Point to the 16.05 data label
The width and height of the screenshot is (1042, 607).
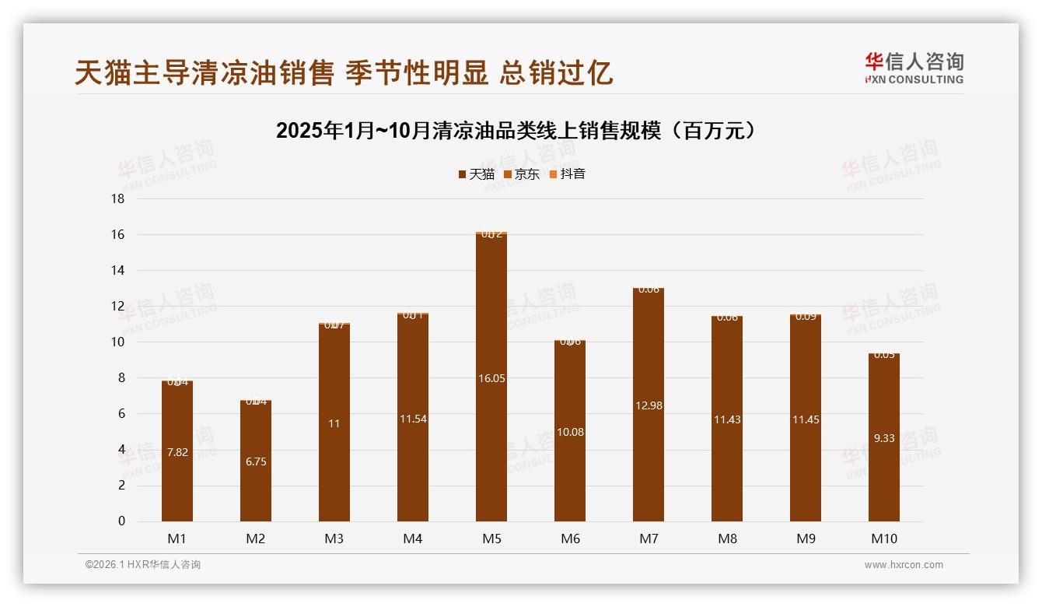pyautogui.click(x=491, y=378)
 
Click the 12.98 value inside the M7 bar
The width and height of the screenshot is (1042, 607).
pyautogui.click(x=649, y=405)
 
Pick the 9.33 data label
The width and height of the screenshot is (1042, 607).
pyautogui.click(x=884, y=438)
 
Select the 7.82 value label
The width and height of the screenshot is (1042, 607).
pyautogui.click(x=177, y=452)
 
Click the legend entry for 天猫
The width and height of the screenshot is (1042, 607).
pyautogui.click(x=477, y=174)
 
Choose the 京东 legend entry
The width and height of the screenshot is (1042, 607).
pyautogui.click(x=522, y=174)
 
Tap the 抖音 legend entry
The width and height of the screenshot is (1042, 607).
pyautogui.click(x=568, y=174)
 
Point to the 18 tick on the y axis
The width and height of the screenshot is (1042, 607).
pyautogui.click(x=117, y=199)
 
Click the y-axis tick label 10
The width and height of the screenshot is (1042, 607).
pyautogui.click(x=117, y=342)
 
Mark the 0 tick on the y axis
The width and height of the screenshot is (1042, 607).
pyautogui.click(x=121, y=521)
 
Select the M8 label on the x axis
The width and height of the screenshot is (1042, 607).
pyautogui.click(x=727, y=539)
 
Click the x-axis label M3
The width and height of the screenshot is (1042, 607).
pyautogui.click(x=334, y=539)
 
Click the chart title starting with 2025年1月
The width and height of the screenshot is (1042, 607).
pyautogui.click(x=516, y=131)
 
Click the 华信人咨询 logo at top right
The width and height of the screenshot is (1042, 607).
pyautogui.click(x=914, y=68)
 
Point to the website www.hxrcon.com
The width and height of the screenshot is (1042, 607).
pyautogui.click(x=904, y=565)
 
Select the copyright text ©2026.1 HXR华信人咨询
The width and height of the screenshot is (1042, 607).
pyautogui.click(x=143, y=565)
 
